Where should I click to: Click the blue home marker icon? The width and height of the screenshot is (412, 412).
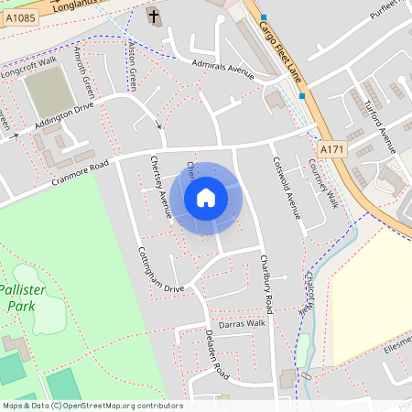206,197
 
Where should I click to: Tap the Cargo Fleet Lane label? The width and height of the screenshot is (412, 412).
279,40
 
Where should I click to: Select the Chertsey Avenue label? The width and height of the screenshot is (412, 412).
160,187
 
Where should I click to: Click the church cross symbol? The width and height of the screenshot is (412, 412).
154,16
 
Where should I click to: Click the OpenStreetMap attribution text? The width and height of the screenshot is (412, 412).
92,406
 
